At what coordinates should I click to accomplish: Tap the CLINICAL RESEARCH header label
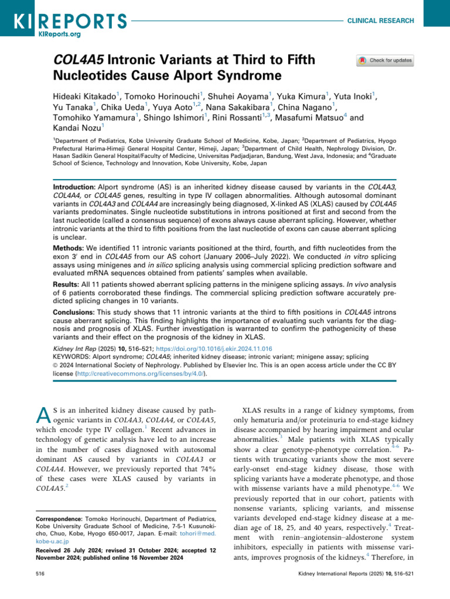click(380, 20)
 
